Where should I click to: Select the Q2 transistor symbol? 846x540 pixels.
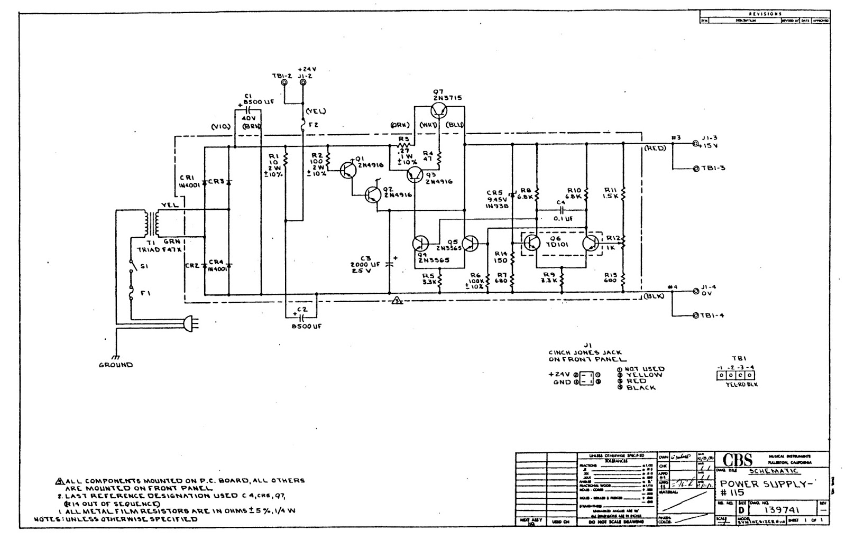373,195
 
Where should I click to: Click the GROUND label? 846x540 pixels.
116,365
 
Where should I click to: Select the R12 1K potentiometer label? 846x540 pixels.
613,243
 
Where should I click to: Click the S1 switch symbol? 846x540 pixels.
131,266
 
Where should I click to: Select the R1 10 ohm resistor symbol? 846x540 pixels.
285,159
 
